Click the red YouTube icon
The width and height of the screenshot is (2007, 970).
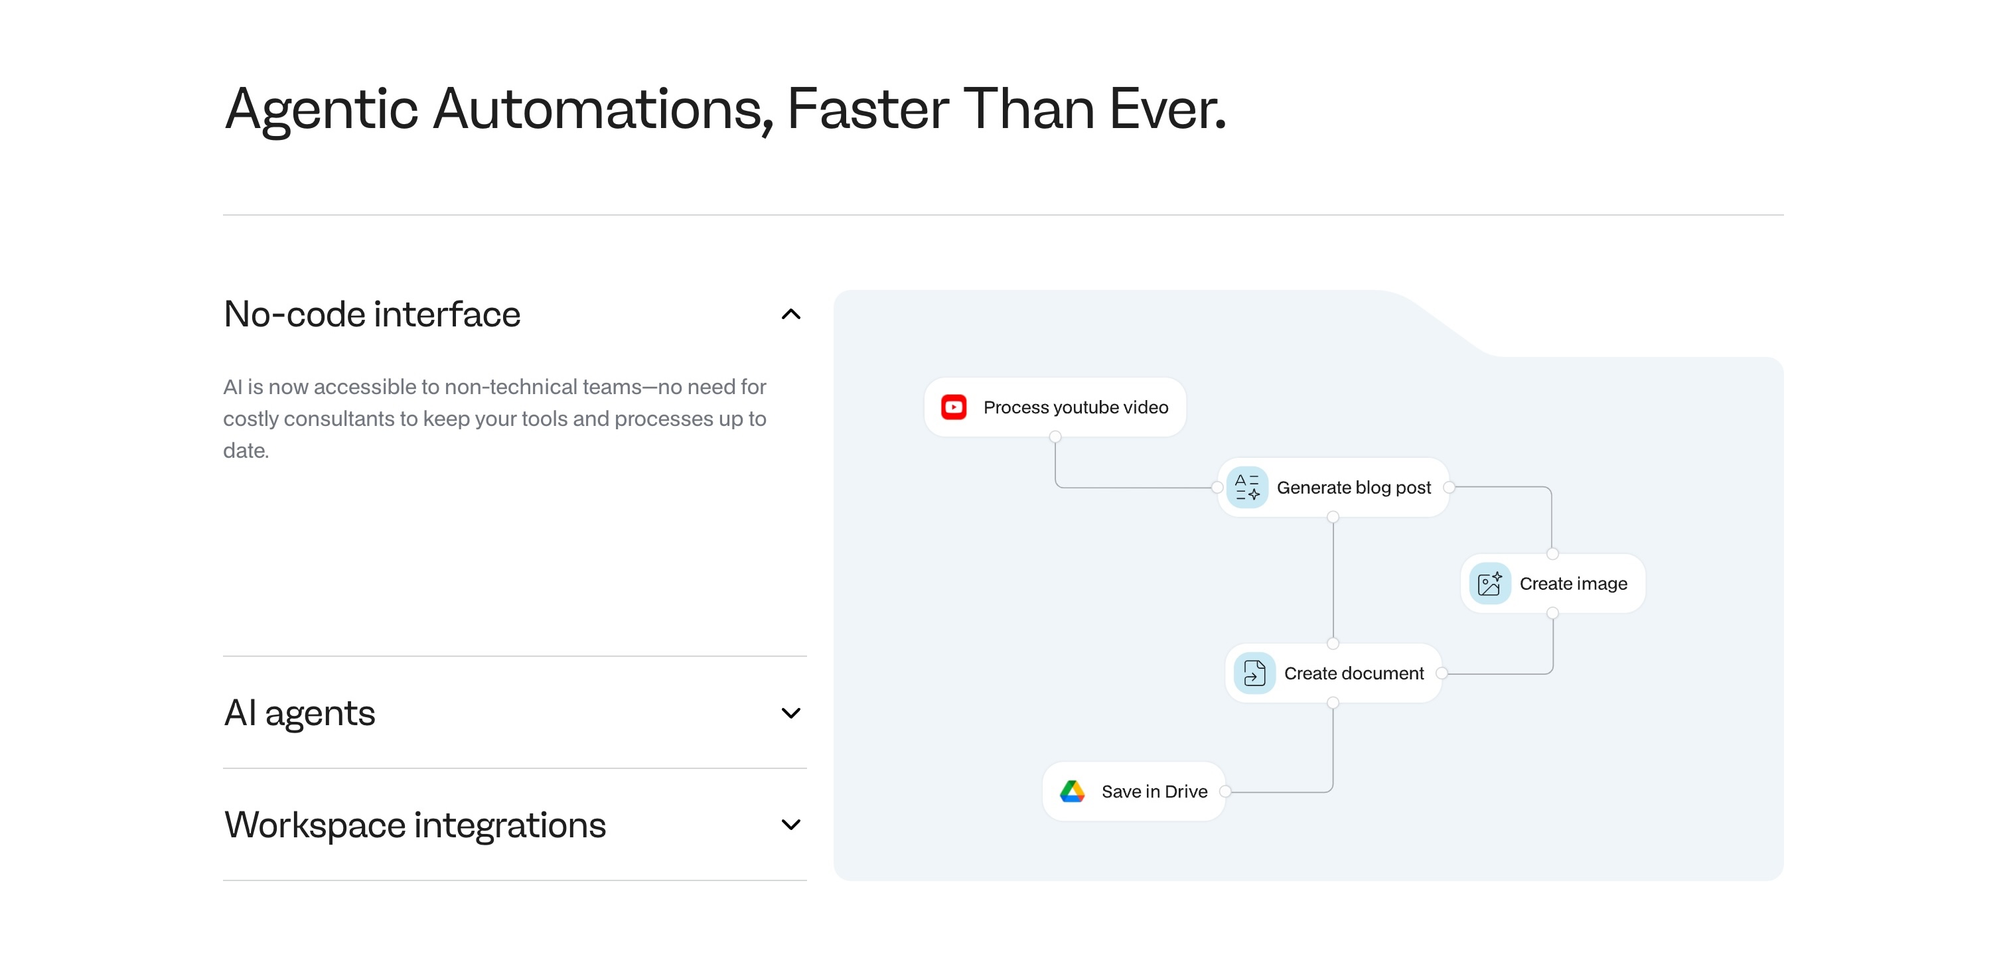point(954,407)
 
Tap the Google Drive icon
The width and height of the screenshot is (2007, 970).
point(1072,791)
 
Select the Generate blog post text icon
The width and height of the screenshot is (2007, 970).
point(1246,487)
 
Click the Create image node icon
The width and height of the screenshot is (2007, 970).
point(1490,584)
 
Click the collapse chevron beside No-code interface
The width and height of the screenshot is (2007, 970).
point(791,314)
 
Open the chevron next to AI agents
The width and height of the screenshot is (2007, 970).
point(791,713)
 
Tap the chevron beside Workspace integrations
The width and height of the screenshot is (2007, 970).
point(791,824)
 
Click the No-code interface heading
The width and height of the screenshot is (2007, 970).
point(372,314)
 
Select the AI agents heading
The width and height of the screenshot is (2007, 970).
point(299,713)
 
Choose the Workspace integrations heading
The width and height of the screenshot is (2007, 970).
point(415,824)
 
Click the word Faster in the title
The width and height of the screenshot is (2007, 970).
point(868,108)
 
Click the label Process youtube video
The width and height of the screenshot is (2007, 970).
point(1076,407)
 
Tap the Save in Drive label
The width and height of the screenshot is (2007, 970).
point(1155,792)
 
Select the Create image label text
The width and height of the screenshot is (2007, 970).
point(1573,584)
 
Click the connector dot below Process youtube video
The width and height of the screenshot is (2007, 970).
point(1055,437)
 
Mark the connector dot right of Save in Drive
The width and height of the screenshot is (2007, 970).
point(1226,792)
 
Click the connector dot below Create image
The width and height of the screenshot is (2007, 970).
point(1553,613)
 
